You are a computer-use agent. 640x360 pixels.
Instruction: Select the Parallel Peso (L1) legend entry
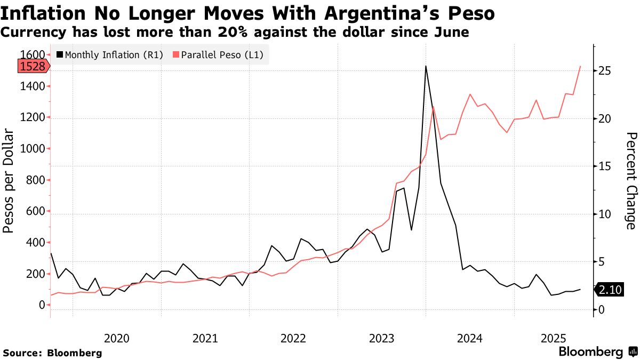tap(218, 55)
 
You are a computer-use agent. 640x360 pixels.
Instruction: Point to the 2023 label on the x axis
tap(381, 338)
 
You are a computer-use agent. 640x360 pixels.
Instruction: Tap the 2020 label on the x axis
tap(117, 338)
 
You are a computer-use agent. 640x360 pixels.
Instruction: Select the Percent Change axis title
tap(631, 181)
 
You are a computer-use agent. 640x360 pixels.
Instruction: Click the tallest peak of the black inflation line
tap(426, 66)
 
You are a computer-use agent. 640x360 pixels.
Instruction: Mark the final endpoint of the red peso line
tap(580, 66)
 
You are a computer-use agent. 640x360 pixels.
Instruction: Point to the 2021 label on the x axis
tap(205, 338)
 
